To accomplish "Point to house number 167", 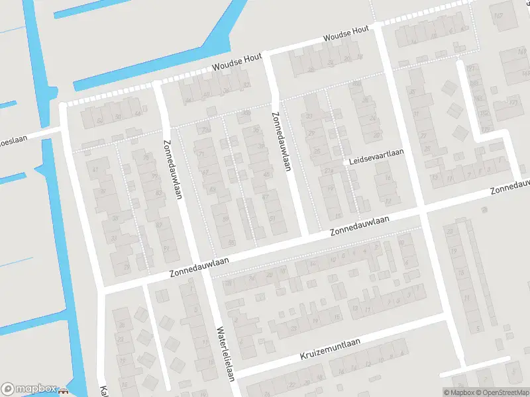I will [471, 69].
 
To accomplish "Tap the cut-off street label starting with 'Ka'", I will [103, 390].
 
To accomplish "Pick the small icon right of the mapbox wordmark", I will [64, 390].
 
